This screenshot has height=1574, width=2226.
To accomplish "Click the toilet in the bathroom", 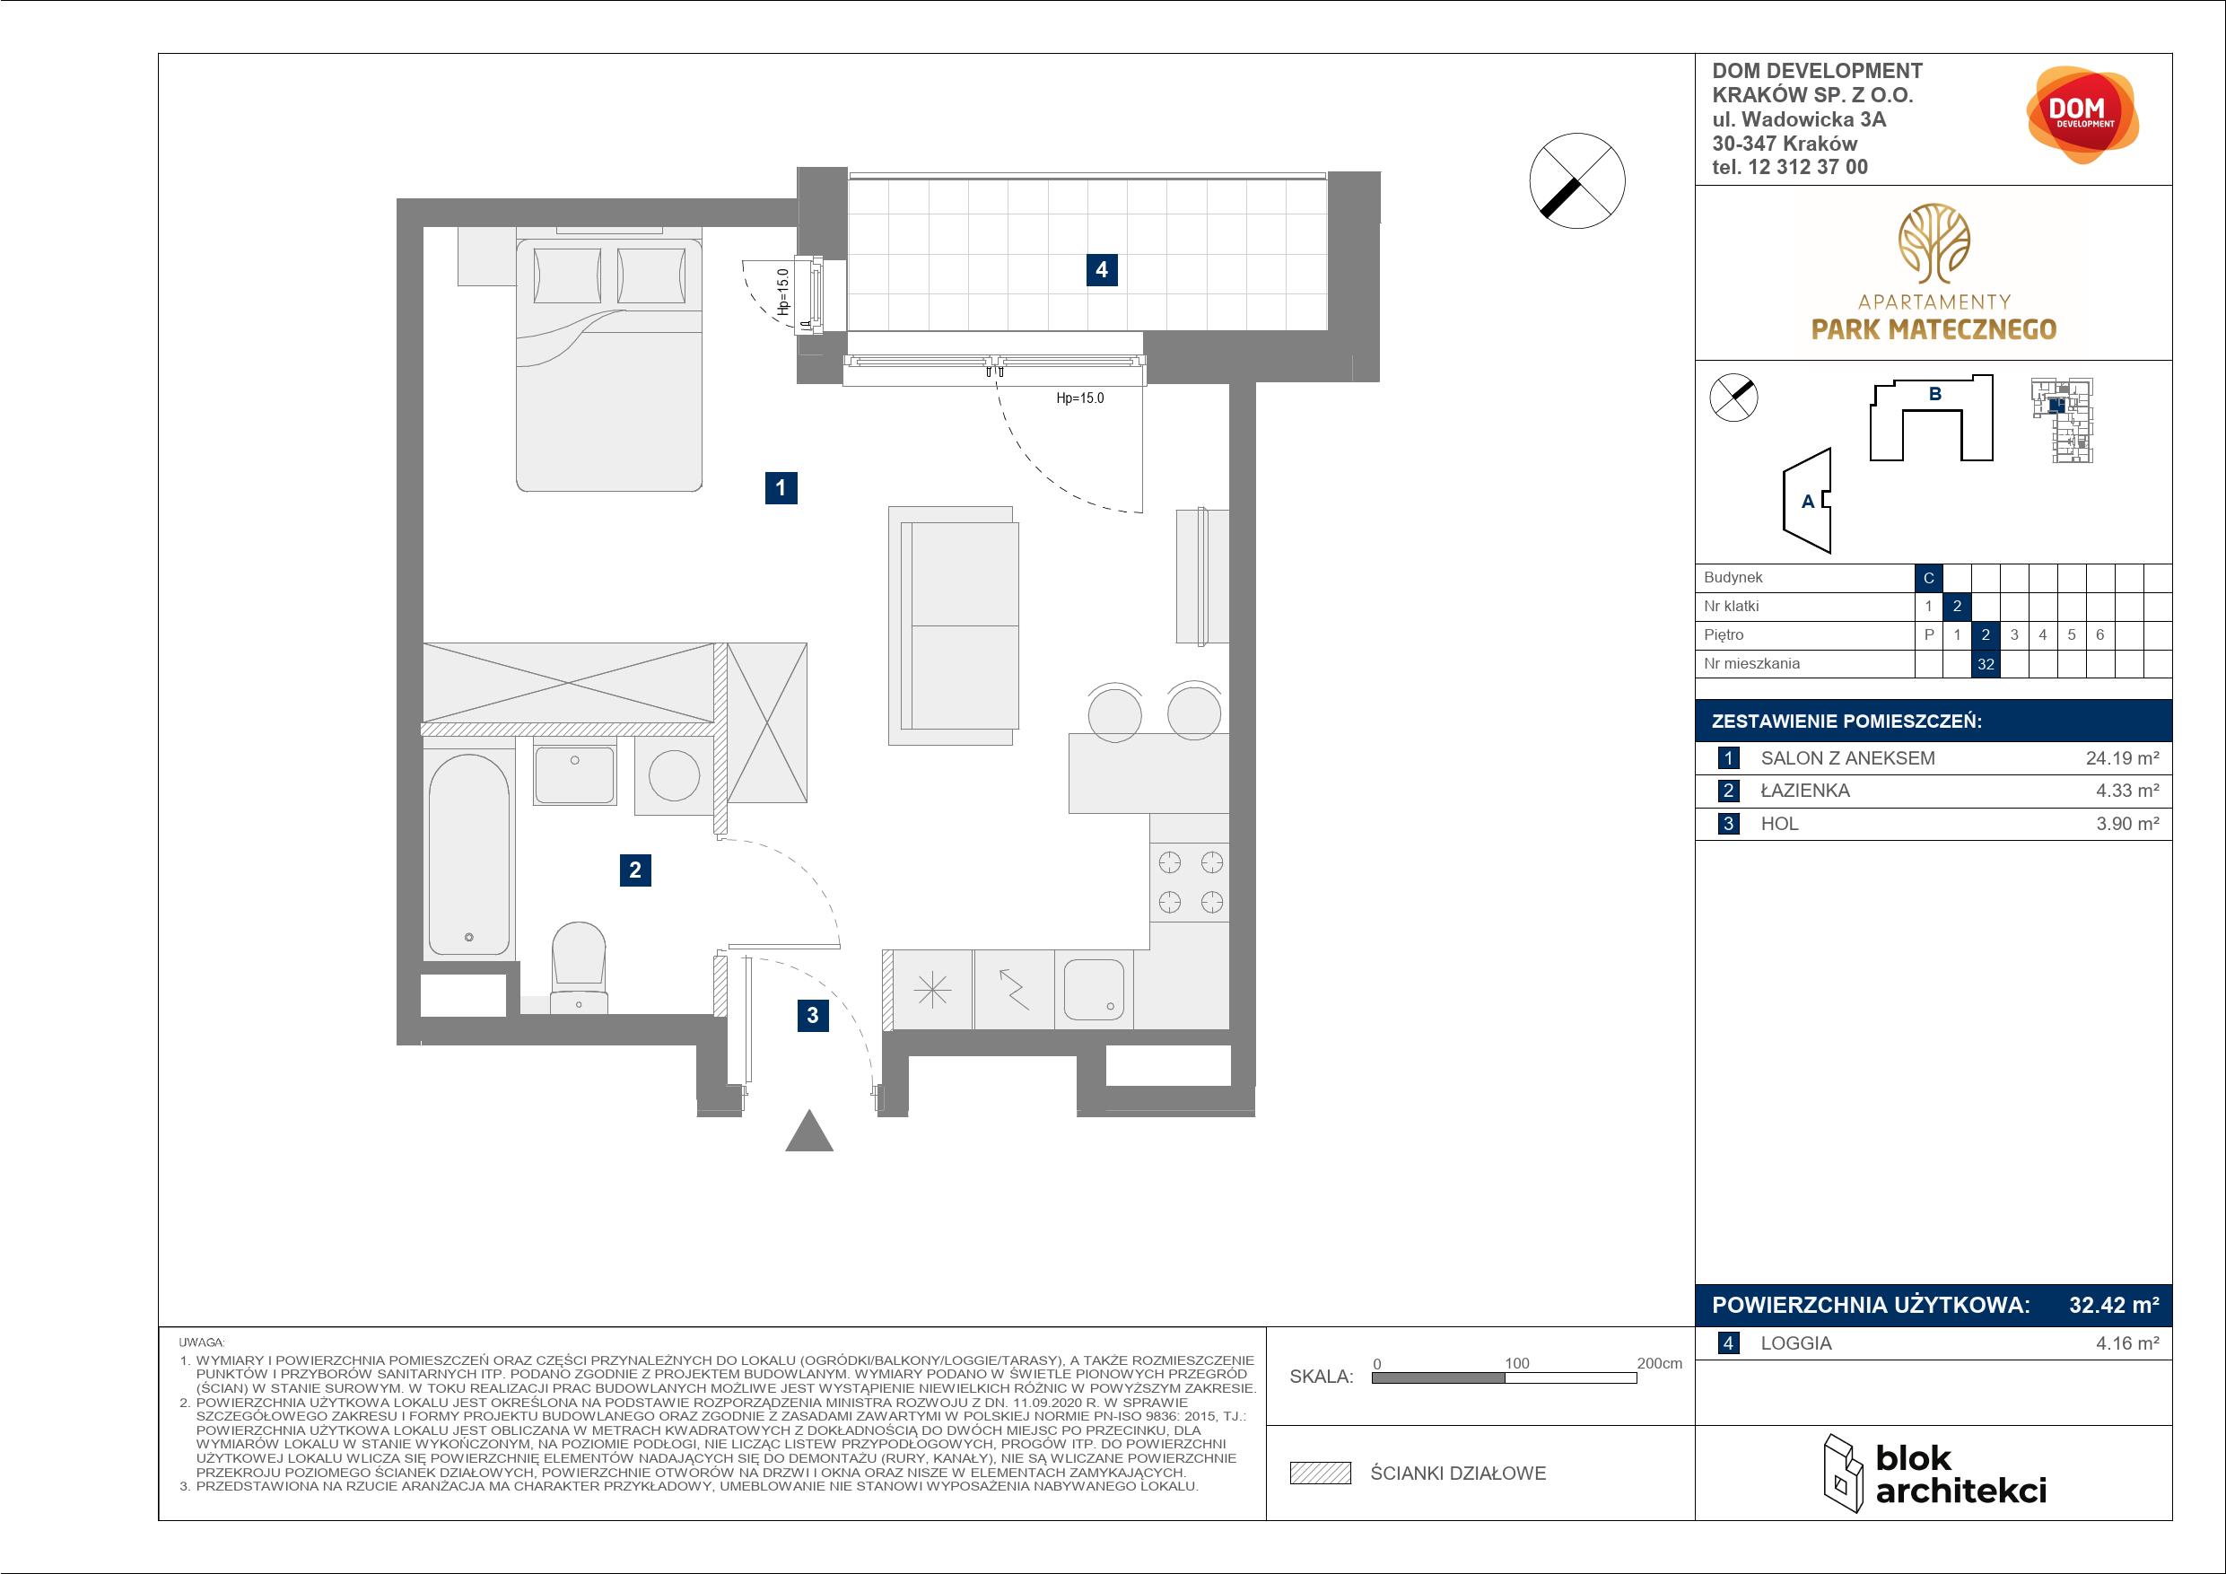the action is (x=579, y=968).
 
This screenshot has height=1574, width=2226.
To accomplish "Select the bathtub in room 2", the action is (x=469, y=854).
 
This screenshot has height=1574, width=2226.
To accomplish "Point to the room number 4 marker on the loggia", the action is (x=1102, y=268).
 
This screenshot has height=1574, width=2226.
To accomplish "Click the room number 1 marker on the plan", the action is (x=781, y=487).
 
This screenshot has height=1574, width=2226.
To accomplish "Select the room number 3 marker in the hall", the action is (x=813, y=1016).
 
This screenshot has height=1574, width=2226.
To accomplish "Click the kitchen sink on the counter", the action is (x=1094, y=988).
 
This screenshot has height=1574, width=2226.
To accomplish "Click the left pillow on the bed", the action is (x=567, y=275).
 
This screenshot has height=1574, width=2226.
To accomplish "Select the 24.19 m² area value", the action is (x=2122, y=758).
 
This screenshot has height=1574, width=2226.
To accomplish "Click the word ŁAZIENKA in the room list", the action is (x=1805, y=791).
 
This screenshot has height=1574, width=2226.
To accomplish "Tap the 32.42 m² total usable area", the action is (x=2114, y=1305).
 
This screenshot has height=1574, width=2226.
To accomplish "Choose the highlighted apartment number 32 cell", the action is (x=1986, y=664).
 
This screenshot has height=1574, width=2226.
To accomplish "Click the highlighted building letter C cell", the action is (x=1928, y=578).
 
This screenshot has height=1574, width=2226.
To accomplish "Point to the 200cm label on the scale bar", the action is (x=1660, y=1362).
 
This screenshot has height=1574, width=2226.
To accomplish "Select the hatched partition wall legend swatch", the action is (x=1321, y=1473).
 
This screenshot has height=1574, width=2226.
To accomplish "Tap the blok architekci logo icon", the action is (x=1843, y=1473).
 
